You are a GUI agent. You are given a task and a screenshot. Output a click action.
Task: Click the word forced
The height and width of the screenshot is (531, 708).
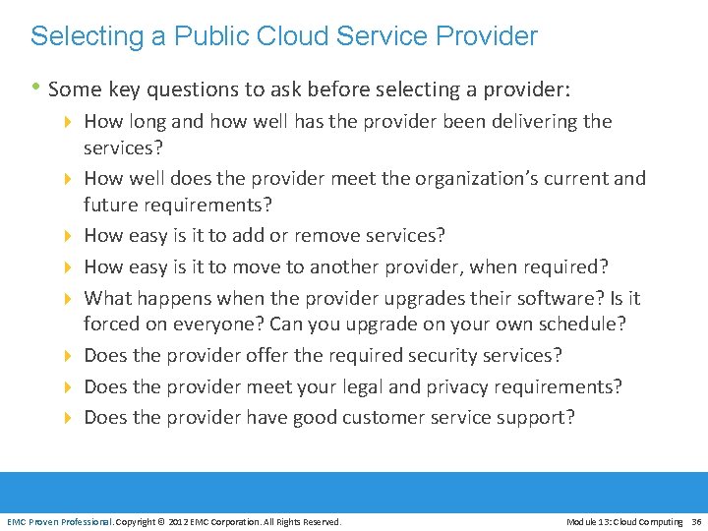tap(113, 324)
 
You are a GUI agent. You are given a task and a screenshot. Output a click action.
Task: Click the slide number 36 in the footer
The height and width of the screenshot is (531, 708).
tap(696, 521)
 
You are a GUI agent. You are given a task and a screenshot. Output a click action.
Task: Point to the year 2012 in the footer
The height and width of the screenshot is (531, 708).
tap(179, 521)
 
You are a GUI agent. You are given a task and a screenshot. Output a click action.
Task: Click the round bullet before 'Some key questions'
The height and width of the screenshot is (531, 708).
tap(36, 88)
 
